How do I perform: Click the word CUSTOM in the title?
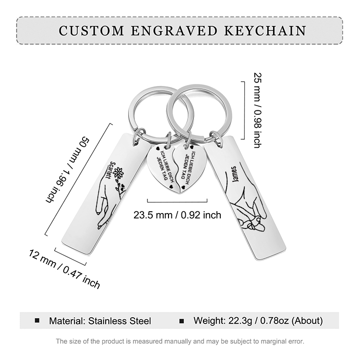91,31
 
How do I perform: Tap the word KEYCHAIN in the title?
265,31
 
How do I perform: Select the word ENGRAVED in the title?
174,31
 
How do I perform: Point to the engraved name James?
235,174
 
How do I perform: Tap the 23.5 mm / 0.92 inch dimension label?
177,215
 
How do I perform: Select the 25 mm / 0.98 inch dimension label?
258,110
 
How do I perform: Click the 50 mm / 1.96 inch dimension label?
68,170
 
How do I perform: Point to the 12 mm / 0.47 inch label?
64,269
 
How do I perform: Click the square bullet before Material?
37,321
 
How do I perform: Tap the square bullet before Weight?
181,321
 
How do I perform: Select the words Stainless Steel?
120,321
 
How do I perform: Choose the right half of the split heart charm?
191,168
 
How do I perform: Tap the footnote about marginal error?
180,341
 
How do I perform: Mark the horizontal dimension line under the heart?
177,202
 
